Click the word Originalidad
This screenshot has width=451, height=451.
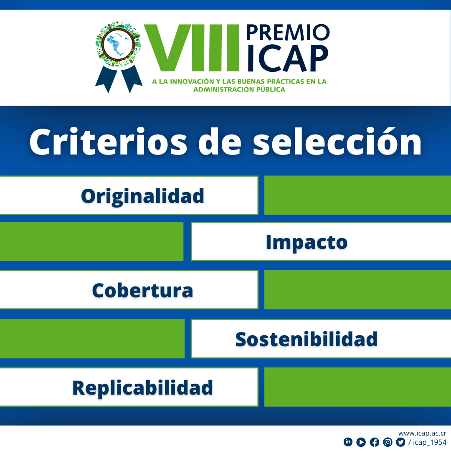pyautogui.click(x=143, y=197)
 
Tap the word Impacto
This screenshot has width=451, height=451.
pyautogui.click(x=307, y=243)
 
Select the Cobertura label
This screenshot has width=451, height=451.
pyautogui.click(x=143, y=291)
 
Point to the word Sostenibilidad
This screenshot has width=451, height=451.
pyautogui.click(x=307, y=340)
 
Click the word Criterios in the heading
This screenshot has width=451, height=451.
pyautogui.click(x=109, y=142)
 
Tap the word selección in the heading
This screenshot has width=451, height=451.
pyautogui.click(x=337, y=142)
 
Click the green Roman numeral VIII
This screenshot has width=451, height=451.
pyautogui.click(x=192, y=48)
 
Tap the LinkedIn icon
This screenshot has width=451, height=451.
pyautogui.click(x=348, y=442)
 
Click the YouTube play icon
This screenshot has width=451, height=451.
pyautogui.click(x=361, y=442)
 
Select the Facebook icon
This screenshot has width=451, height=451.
pyautogui.click(x=375, y=442)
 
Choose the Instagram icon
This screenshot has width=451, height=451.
pyautogui.click(x=388, y=442)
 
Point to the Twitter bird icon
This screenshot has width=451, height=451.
pyautogui.click(x=400, y=442)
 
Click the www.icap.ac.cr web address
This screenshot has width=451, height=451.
pyautogui.click(x=422, y=433)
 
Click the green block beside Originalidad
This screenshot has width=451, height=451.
pyautogui.click(x=357, y=195)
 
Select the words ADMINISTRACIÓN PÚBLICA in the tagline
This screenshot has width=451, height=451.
pyautogui.click(x=239, y=89)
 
